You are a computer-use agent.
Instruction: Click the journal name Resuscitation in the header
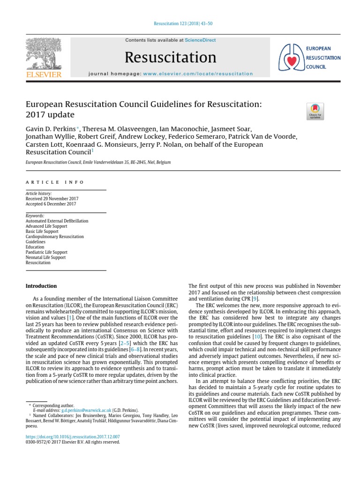click(x=171, y=57)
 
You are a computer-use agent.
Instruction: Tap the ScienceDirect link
click(x=200, y=40)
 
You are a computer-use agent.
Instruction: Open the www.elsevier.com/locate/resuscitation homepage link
click(x=197, y=74)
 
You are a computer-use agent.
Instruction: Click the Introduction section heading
click(x=41, y=286)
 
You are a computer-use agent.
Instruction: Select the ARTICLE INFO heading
click(x=55, y=182)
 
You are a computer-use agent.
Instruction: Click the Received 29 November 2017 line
click(x=52, y=199)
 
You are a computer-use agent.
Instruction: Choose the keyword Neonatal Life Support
click(x=46, y=257)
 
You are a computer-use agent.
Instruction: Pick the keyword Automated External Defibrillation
click(x=57, y=221)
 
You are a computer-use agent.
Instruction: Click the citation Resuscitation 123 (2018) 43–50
click(x=180, y=24)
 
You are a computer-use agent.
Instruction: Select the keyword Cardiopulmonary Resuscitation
click(x=55, y=237)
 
